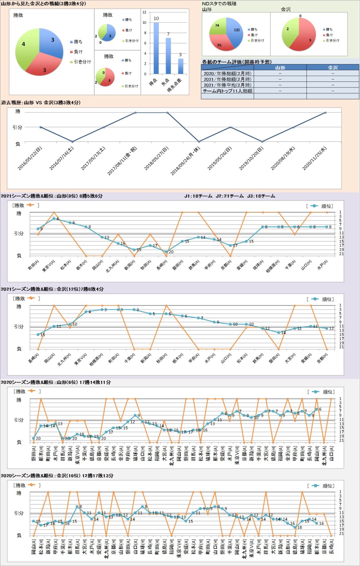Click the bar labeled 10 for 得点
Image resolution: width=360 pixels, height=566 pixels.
[x=156, y=48]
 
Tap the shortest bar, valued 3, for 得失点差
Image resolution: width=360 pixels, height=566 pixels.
[x=180, y=66]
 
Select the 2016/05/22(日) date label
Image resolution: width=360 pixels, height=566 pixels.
[x=30, y=158]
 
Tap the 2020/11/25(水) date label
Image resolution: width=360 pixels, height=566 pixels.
[x=314, y=158]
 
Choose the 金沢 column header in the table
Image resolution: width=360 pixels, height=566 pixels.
[x=333, y=68]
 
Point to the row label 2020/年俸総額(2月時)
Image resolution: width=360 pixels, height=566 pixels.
[x=227, y=73]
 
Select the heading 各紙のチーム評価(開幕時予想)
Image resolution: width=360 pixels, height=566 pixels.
[x=237, y=62]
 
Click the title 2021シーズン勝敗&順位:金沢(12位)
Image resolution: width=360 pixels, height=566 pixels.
[x=52, y=289]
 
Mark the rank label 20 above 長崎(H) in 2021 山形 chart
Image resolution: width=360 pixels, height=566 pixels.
[x=171, y=252]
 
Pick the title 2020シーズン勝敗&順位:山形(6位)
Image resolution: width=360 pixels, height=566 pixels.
[x=56, y=382]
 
